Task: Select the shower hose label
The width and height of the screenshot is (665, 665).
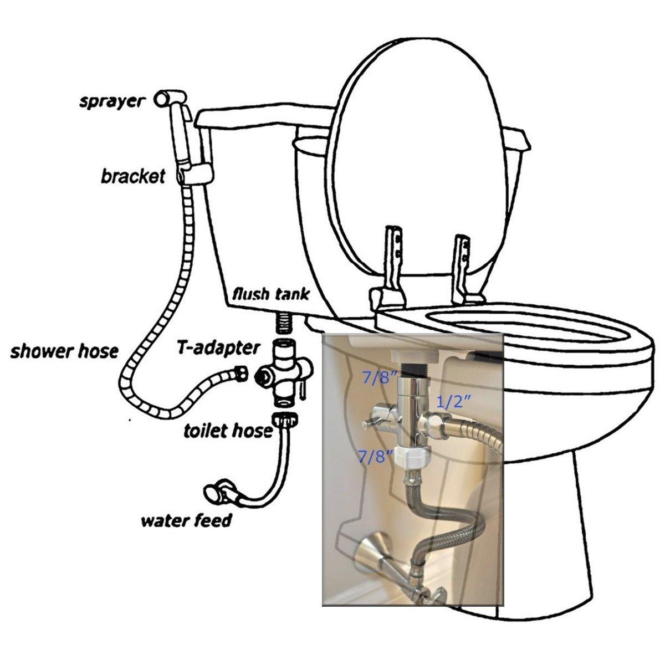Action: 64,351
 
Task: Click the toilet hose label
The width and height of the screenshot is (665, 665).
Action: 228,430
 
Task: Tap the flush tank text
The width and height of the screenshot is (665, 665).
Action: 270,293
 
